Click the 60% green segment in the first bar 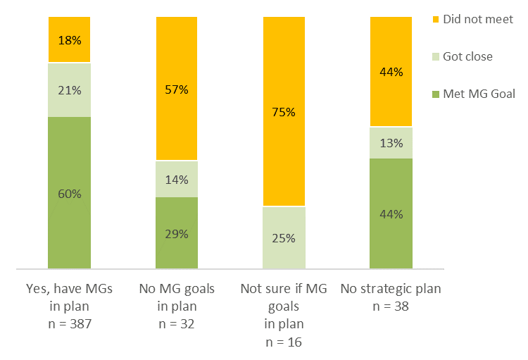pos(69,192)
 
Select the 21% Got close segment pos(69,89)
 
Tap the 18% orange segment pos(69,39)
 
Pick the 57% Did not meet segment pos(177,89)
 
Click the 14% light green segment pos(177,179)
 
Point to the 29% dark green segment pos(177,233)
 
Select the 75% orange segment pos(284,111)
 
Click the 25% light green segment pos(284,238)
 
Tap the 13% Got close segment pos(391,143)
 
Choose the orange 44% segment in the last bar pos(391,72)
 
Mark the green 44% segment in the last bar pos(391,213)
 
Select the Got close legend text pos(467,56)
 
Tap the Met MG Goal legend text pos(479,94)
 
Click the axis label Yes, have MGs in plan pos(69,296)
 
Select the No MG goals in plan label pos(177,296)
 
